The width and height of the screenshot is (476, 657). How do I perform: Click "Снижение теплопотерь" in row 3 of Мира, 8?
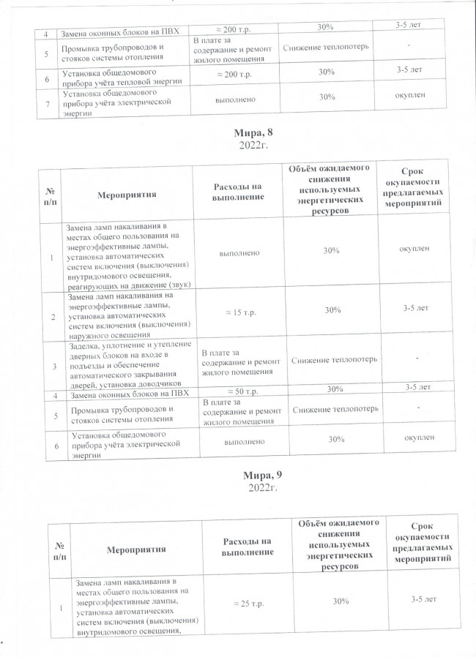tap(334, 360)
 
